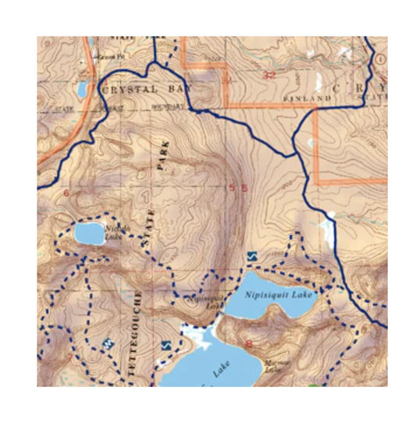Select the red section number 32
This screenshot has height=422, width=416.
(270, 75)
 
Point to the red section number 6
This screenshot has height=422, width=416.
(66, 192)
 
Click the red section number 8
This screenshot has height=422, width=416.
(248, 344)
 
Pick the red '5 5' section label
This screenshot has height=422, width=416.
(237, 188)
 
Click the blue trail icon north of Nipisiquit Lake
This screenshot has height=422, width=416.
(251, 256)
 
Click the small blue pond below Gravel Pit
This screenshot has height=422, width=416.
(81, 88)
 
